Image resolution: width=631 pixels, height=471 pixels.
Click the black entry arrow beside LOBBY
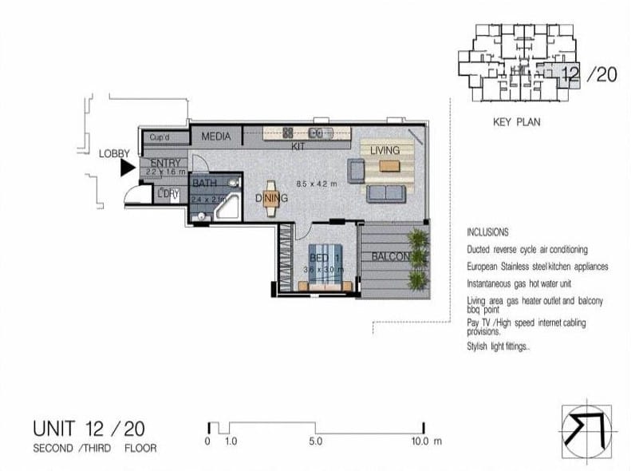(127, 168)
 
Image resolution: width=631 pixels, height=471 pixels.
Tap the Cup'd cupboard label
(160, 137)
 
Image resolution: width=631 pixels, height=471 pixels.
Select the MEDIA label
(215, 137)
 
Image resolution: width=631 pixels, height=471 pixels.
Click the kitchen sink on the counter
(319, 133)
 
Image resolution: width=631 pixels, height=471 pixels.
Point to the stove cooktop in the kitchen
(288, 133)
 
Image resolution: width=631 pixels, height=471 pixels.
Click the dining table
(271, 198)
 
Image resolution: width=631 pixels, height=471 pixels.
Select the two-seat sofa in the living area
(385, 193)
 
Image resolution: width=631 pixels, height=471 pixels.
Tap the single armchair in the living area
(356, 170)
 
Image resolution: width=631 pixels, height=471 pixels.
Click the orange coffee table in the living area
(389, 166)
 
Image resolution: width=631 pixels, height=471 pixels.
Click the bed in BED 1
(325, 267)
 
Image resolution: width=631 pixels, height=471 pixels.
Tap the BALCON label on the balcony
(390, 256)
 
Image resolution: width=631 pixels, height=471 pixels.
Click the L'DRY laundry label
(168, 192)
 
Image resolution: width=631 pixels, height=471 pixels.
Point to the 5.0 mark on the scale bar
(315, 441)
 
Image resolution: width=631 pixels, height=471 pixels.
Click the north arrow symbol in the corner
(586, 429)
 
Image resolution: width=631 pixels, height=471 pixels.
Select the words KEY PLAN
(517, 123)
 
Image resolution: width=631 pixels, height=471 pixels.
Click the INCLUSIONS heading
(487, 232)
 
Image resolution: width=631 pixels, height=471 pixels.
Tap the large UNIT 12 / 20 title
(89, 429)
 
